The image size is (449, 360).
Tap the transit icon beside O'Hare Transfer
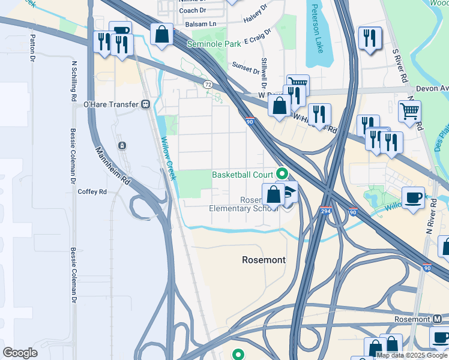point(146,104)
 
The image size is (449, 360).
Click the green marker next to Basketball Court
point(283,175)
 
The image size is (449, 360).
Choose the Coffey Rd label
point(92,192)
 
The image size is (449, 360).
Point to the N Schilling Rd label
point(74,80)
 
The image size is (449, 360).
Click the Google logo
point(20,353)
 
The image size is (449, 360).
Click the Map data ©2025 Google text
point(412,355)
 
